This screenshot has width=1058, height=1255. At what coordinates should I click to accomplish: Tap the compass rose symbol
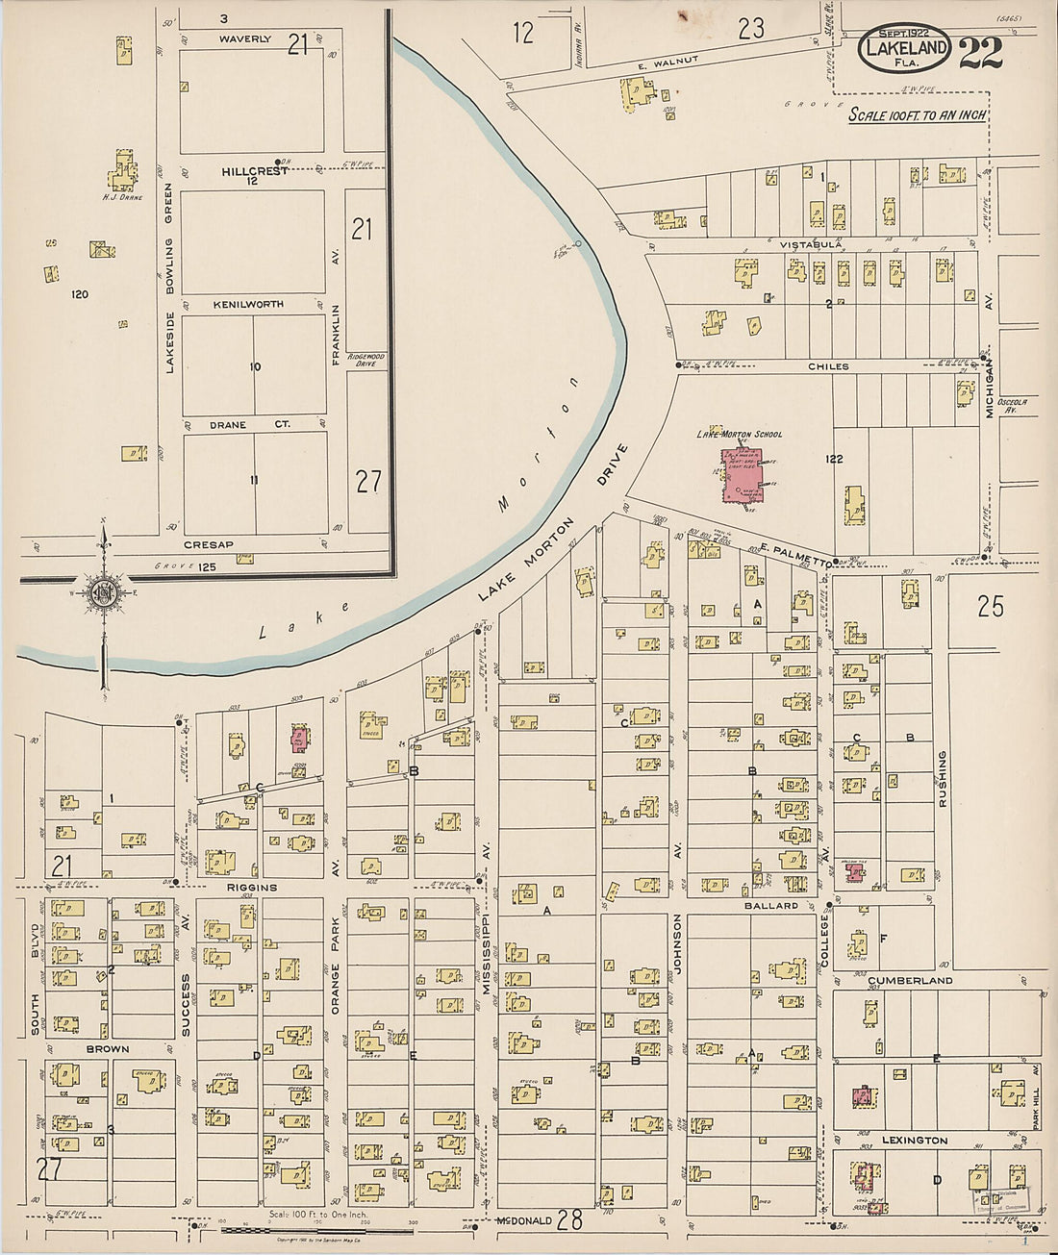click(x=102, y=593)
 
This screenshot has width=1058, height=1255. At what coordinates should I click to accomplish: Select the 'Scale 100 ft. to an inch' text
click(x=917, y=114)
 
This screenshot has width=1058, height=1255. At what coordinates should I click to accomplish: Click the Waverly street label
click(x=244, y=39)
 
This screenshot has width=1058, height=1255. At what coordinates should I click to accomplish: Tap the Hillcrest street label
click(x=254, y=170)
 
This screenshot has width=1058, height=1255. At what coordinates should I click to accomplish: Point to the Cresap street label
click(x=209, y=544)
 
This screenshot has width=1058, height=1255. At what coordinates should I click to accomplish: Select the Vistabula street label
click(x=812, y=244)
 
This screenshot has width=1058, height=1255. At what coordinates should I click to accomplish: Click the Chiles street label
click(x=828, y=366)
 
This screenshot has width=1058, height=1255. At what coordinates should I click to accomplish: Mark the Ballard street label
click(x=770, y=906)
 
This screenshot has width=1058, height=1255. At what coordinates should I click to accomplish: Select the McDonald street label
click(x=526, y=1221)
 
